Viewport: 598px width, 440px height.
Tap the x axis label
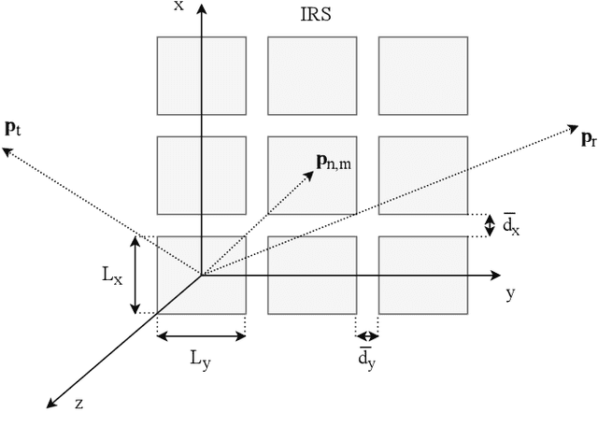(x=178, y=7)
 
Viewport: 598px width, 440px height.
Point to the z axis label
(x=80, y=404)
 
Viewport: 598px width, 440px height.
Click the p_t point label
(x=12, y=128)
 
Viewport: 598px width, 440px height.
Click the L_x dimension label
(x=111, y=276)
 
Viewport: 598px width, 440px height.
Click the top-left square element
(x=201, y=75)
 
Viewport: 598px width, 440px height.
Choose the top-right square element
(x=422, y=75)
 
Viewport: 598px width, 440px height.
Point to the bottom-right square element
(x=422, y=275)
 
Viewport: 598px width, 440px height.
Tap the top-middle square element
(x=312, y=75)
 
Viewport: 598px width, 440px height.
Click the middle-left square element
(x=201, y=175)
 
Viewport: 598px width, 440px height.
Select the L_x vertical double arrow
(x=136, y=275)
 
